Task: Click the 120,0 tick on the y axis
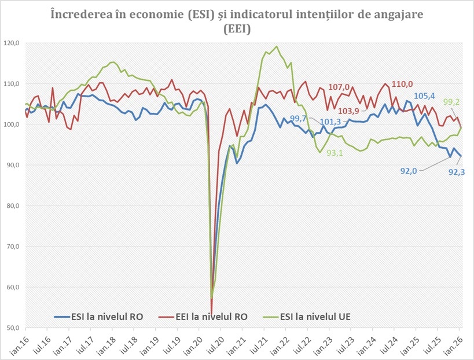[11, 43]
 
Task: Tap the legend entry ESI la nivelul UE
[315, 317]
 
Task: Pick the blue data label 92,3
[459, 172]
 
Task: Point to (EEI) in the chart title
[237, 30]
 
